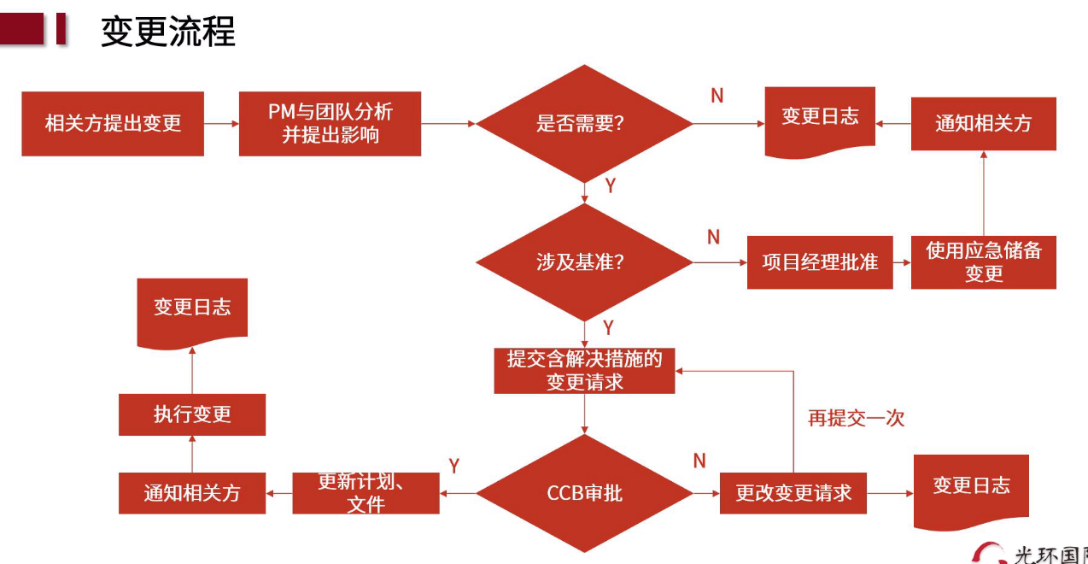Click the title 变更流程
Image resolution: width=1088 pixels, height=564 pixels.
coord(167,32)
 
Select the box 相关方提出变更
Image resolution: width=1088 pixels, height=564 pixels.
coord(113,123)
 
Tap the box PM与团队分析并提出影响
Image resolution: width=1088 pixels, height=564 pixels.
coord(330,123)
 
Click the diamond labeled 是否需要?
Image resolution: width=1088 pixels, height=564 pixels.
coord(584,123)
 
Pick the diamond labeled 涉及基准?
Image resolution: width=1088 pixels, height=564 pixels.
coord(584,261)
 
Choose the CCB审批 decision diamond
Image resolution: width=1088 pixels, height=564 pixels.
coord(584,493)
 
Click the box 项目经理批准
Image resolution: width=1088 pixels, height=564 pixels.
coord(820,261)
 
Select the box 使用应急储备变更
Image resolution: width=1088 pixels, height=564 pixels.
coord(983,261)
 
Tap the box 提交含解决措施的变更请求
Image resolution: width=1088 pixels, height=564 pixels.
coord(584,370)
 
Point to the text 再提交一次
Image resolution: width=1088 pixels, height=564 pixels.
coord(856,418)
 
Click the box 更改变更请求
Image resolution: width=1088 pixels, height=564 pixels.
coord(793,493)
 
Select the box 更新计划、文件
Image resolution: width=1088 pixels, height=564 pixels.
coord(366,493)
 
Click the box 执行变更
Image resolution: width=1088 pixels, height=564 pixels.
coord(192,414)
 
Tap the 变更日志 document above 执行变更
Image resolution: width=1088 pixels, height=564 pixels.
coord(192,308)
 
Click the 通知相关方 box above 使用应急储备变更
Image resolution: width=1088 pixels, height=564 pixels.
coord(983,123)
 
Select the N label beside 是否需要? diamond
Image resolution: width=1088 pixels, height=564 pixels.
coord(717,96)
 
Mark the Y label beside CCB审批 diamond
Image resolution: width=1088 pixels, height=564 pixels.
coord(454,466)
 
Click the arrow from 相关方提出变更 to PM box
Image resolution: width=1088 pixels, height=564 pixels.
coord(221,123)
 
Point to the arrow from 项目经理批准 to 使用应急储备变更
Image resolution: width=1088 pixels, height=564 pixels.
coord(902,262)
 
